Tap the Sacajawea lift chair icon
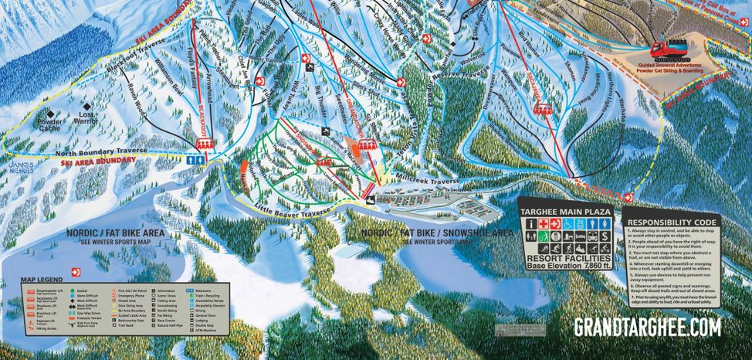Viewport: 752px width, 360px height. tap(544, 108)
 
